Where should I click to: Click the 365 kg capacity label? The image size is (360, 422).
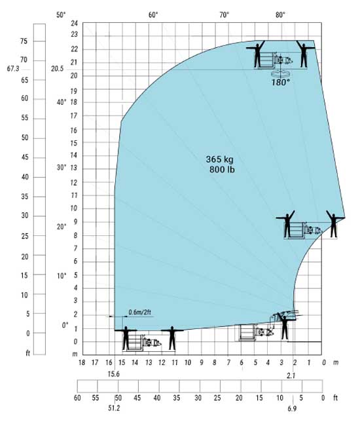coord(220,159)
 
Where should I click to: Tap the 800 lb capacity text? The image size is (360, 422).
coord(222,170)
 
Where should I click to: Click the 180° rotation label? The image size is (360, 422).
coord(281,83)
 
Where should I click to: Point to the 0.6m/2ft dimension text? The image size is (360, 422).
coord(140,312)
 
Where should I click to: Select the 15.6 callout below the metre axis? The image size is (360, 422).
coord(113,374)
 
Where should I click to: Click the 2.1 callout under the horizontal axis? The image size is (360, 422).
coord(291,375)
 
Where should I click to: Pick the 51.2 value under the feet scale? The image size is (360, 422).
coord(114,408)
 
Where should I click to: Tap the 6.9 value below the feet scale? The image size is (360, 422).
coord(292,408)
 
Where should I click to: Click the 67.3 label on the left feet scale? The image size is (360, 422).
coord(13,69)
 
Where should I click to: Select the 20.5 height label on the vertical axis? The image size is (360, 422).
coord(57,69)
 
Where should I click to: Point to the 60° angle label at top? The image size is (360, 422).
coord(153,15)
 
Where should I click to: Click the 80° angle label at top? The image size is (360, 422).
coord(280,15)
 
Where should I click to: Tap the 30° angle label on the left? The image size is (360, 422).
coord(62,167)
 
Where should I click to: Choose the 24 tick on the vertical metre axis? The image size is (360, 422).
coord(75,24)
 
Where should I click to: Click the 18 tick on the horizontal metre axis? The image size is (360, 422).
coord(82,363)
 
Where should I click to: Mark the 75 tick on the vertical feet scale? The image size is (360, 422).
coord(24,41)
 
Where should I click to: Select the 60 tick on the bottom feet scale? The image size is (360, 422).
coord(77,398)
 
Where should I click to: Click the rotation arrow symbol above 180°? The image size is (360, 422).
coord(281,73)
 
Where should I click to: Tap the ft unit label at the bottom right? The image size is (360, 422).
coord(335,398)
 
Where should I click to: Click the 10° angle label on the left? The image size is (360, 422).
coord(62,276)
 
